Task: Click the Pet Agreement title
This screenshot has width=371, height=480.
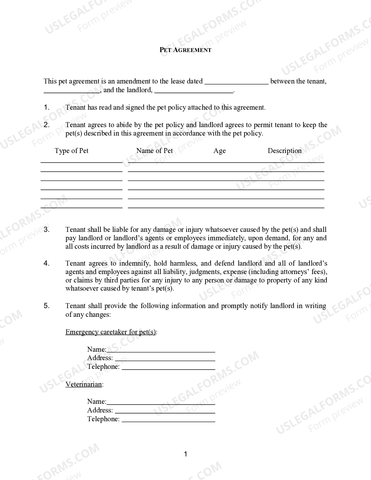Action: (x=185, y=50)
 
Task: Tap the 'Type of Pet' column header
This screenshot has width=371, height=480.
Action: (x=72, y=151)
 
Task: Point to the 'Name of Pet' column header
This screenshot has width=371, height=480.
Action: (x=155, y=151)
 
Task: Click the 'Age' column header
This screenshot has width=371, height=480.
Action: (x=219, y=151)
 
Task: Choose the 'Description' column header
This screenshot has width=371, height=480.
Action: (x=284, y=151)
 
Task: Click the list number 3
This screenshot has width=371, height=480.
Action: (x=47, y=230)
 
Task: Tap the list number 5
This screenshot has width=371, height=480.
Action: (x=47, y=306)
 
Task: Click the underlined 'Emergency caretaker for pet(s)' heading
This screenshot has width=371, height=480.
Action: (x=111, y=332)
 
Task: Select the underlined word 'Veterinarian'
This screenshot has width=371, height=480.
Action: (x=84, y=384)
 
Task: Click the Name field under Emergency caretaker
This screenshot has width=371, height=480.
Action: (x=161, y=350)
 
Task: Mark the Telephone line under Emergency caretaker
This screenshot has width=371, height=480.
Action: (x=168, y=367)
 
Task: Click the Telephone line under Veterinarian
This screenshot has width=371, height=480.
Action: (x=168, y=420)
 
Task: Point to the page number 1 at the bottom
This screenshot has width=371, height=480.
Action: (x=186, y=454)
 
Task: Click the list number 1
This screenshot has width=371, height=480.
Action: (x=47, y=107)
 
